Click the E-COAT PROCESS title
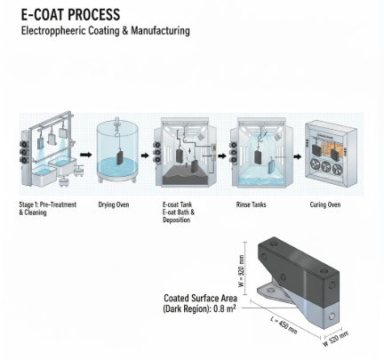(70, 14)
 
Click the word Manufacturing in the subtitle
(160, 30)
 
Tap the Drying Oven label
(114, 204)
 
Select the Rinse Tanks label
(251, 204)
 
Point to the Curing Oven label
(325, 204)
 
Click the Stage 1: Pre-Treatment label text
(48, 204)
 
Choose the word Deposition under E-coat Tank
(176, 220)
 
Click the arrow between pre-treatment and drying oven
(86, 155)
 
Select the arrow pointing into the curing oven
(298, 156)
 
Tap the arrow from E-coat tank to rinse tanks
(222, 156)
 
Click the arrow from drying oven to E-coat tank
(145, 156)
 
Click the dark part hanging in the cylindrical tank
(120, 157)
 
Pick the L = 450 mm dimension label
(284, 324)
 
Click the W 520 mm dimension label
(336, 339)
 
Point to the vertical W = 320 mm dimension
(242, 271)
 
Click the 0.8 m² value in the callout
(225, 308)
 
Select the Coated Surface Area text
(200, 298)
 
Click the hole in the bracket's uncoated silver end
(332, 316)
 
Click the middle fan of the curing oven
(325, 166)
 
